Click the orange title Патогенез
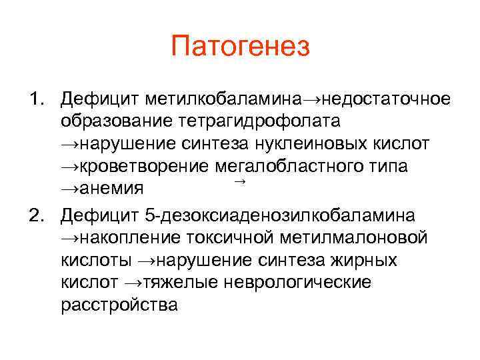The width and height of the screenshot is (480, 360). click(x=240, y=47)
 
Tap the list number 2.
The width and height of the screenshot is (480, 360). click(x=35, y=216)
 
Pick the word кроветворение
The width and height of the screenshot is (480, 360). click(x=139, y=166)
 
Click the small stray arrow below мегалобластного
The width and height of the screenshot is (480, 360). click(x=241, y=182)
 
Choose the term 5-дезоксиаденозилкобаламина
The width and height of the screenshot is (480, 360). click(x=279, y=216)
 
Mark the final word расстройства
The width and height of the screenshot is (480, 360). click(x=119, y=305)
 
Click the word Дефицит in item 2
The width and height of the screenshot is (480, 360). click(x=98, y=216)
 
